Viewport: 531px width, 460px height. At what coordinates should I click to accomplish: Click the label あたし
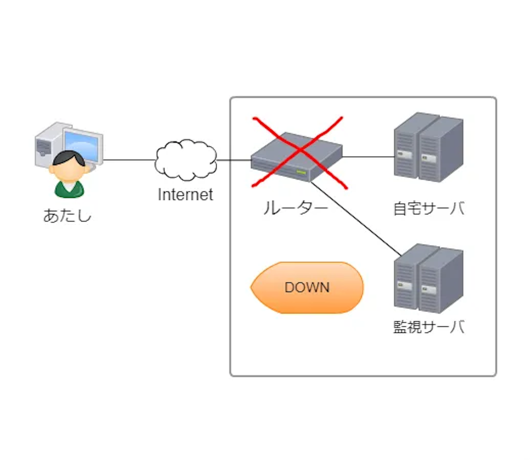[67, 216]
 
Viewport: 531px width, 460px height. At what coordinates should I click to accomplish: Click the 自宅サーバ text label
[429, 208]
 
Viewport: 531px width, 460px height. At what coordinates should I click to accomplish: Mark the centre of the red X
[300, 151]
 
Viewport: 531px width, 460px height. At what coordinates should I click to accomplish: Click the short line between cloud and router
[234, 160]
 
